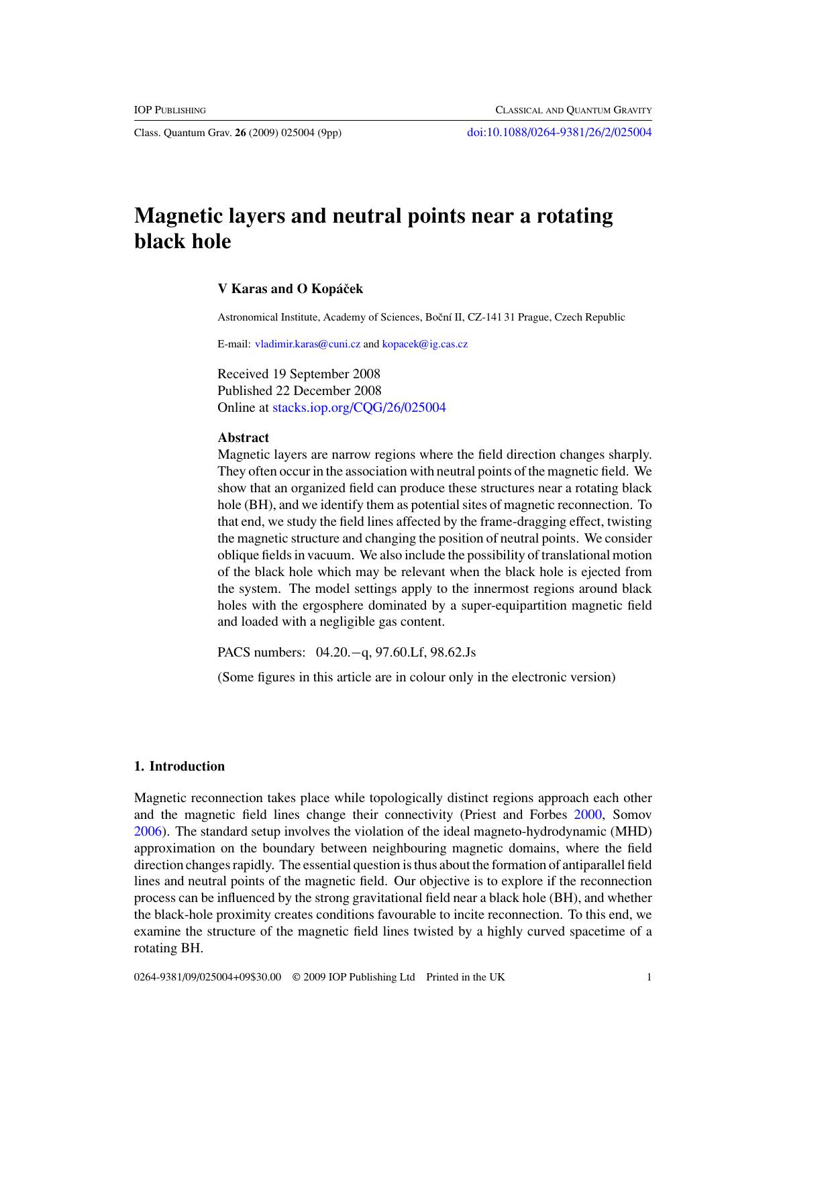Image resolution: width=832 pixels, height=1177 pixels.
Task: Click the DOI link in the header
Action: tap(559, 132)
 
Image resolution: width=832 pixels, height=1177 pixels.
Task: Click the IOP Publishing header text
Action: tap(170, 110)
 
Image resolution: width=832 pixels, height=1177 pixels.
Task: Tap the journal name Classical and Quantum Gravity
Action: tap(574, 110)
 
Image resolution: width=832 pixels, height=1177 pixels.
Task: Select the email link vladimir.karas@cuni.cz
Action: tap(308, 344)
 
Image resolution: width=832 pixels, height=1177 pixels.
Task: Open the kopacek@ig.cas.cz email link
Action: tap(425, 344)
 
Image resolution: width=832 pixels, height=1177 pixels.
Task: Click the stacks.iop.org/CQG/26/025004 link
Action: tap(359, 407)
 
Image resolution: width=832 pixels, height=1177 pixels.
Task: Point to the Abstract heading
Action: tap(243, 437)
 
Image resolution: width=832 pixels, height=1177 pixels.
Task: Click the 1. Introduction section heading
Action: tap(180, 766)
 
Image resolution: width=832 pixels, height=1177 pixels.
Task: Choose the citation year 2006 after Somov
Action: tap(148, 832)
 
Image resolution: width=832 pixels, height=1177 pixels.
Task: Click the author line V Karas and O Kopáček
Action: tap(290, 289)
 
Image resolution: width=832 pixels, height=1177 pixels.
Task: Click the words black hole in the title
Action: tap(183, 241)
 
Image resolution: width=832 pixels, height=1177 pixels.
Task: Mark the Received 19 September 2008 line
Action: tap(299, 374)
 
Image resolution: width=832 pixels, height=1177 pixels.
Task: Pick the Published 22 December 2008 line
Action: tap(299, 390)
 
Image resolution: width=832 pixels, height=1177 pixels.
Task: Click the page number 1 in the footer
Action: tap(649, 976)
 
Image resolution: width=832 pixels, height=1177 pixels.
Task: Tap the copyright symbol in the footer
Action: tap(296, 976)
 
